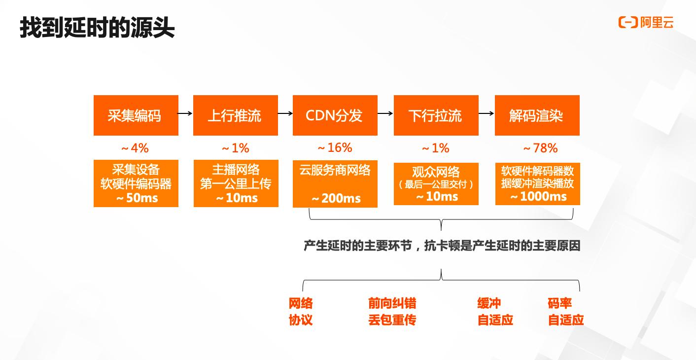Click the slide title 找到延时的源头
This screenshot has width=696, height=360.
tap(97, 28)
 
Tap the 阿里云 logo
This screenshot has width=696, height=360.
tap(645, 22)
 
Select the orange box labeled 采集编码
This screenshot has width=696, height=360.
tap(136, 115)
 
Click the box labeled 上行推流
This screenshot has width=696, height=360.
tap(235, 115)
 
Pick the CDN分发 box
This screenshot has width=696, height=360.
tap(335, 115)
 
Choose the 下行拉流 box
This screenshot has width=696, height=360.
tap(436, 115)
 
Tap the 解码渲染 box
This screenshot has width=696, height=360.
tap(537, 115)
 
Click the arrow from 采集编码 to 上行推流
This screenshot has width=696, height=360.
tap(185, 113)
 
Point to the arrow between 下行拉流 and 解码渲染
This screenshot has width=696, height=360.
tap(486, 113)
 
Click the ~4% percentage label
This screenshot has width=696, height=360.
tap(135, 148)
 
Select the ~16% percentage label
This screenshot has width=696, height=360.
tap(335, 147)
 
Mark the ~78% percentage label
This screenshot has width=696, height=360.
tap(540, 148)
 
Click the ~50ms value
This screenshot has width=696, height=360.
tap(137, 198)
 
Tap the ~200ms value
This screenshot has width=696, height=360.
tap(336, 199)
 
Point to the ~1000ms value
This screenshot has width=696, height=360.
tap(538, 197)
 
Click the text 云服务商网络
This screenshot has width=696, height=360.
tap(335, 170)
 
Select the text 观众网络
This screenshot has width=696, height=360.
tap(436, 172)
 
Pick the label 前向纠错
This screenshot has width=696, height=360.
tap(392, 303)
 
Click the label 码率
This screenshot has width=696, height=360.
tap(559, 303)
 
